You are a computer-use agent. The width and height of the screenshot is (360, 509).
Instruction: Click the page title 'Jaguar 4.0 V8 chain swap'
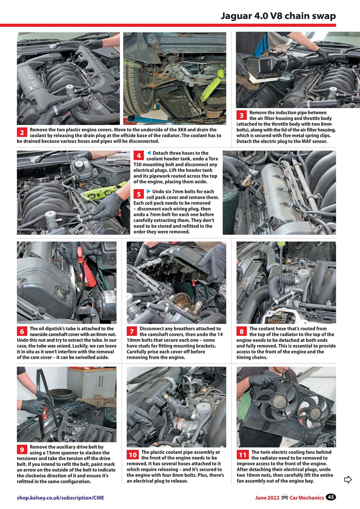[x=278, y=16]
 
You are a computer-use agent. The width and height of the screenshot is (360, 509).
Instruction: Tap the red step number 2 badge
[x=22, y=132]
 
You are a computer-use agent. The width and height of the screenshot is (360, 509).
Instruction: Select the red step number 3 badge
[x=242, y=116]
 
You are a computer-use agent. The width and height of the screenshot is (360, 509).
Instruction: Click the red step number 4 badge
[x=139, y=156]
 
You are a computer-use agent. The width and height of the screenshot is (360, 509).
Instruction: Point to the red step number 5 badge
[x=139, y=194]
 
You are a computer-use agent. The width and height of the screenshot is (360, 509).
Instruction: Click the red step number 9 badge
[x=22, y=450]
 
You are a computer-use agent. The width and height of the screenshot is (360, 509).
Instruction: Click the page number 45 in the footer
[x=331, y=497]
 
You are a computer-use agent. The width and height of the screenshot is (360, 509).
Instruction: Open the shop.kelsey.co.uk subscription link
[x=60, y=497]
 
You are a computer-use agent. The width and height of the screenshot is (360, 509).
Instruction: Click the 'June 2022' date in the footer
[x=267, y=497]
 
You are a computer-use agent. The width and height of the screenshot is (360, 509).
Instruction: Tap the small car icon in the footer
[x=285, y=497]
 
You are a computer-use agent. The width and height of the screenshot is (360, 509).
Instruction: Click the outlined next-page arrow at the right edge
[x=348, y=480]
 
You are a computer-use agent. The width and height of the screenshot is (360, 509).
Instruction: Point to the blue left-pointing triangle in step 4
[x=149, y=153]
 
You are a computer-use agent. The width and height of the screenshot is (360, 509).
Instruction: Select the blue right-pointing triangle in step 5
[x=149, y=191]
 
